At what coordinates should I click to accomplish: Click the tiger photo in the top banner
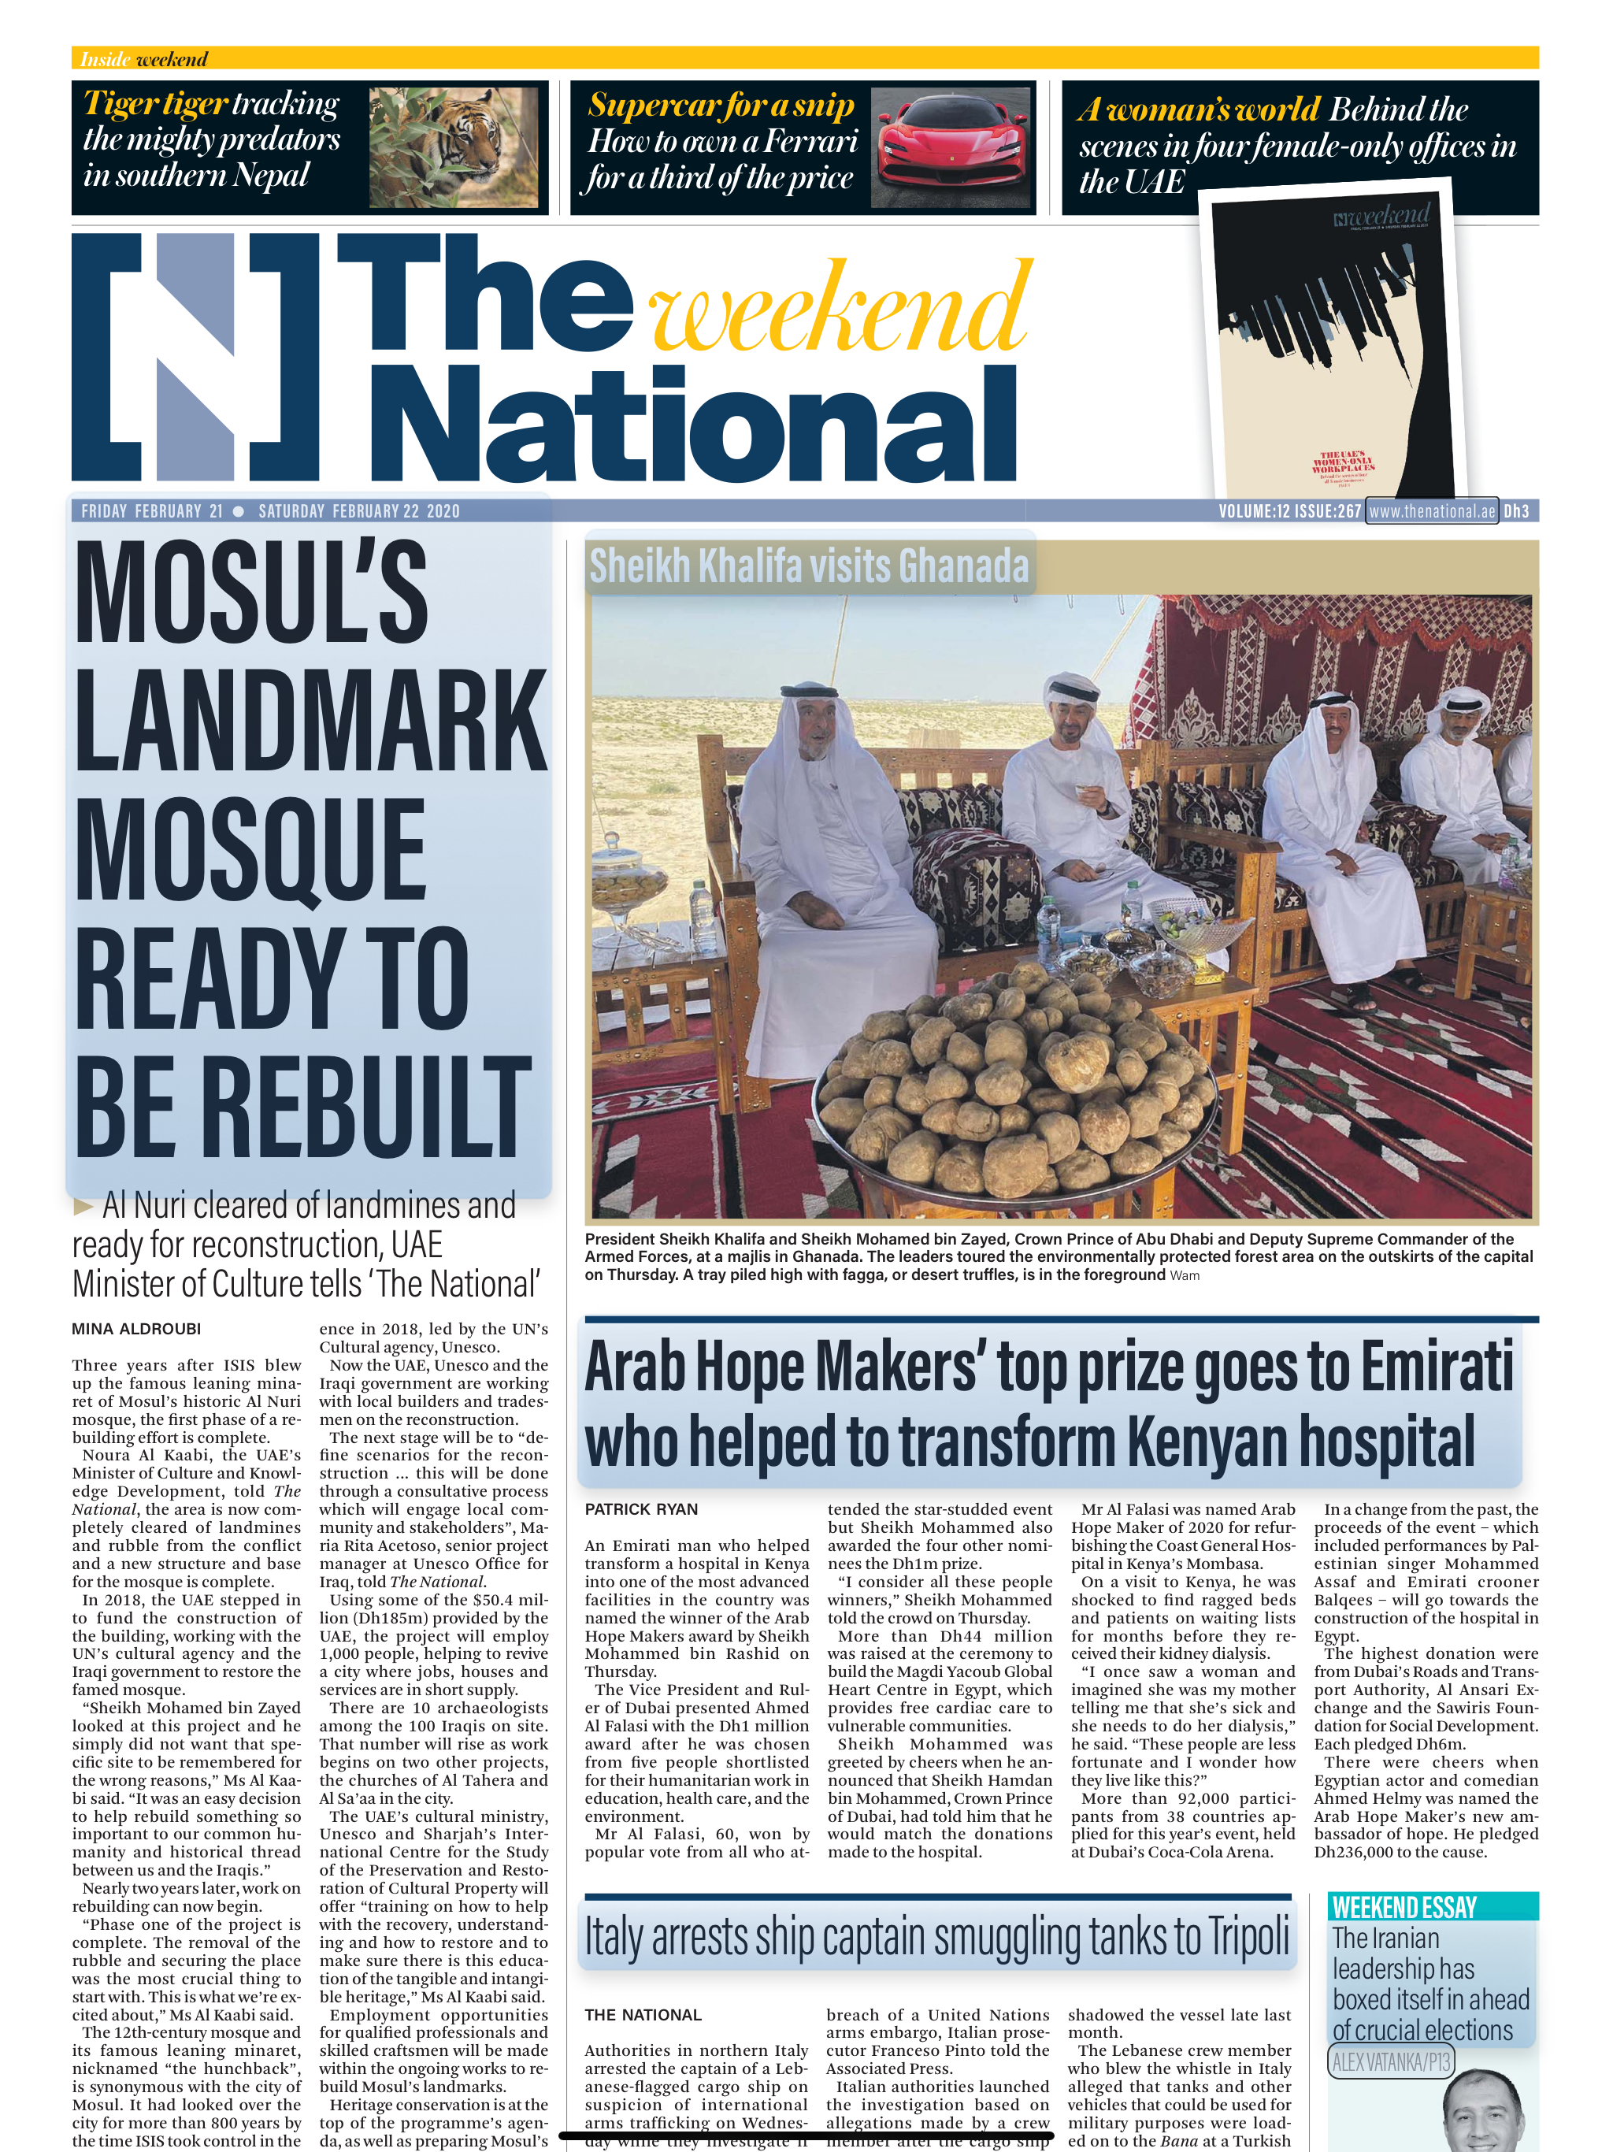[x=454, y=147]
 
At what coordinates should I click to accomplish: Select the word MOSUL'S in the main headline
[x=251, y=592]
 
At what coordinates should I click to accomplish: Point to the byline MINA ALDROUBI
[x=136, y=1329]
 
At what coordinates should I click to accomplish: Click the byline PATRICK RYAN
[x=641, y=1509]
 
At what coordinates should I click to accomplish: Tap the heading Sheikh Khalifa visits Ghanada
[x=808, y=566]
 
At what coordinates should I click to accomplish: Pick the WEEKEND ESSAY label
[x=1403, y=1907]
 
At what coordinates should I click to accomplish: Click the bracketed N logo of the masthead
[x=195, y=356]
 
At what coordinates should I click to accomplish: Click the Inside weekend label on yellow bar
[x=144, y=59]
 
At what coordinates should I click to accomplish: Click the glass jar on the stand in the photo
[x=629, y=881]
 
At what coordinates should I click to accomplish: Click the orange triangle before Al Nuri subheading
[x=83, y=1208]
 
